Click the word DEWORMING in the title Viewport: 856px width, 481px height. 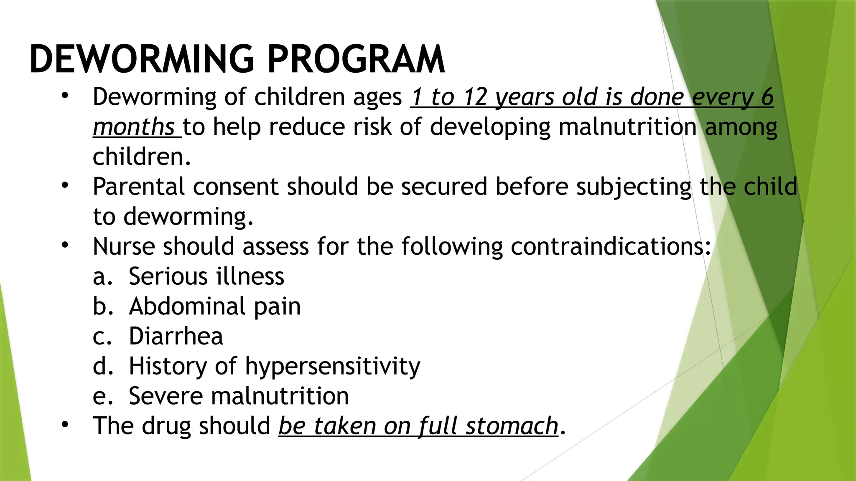142,59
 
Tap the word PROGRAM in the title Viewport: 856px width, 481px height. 356,59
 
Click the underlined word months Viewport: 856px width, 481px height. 134,127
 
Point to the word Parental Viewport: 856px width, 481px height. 138,187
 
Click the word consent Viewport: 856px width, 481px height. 235,187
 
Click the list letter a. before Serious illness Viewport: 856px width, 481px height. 102,277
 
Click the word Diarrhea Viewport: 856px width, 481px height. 176,337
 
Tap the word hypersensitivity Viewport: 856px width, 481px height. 333,367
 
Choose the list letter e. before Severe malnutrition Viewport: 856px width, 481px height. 102,396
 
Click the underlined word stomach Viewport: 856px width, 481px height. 512,426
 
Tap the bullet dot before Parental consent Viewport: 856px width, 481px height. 64,185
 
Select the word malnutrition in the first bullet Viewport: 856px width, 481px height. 627,127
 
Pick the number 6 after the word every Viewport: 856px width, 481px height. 767,97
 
